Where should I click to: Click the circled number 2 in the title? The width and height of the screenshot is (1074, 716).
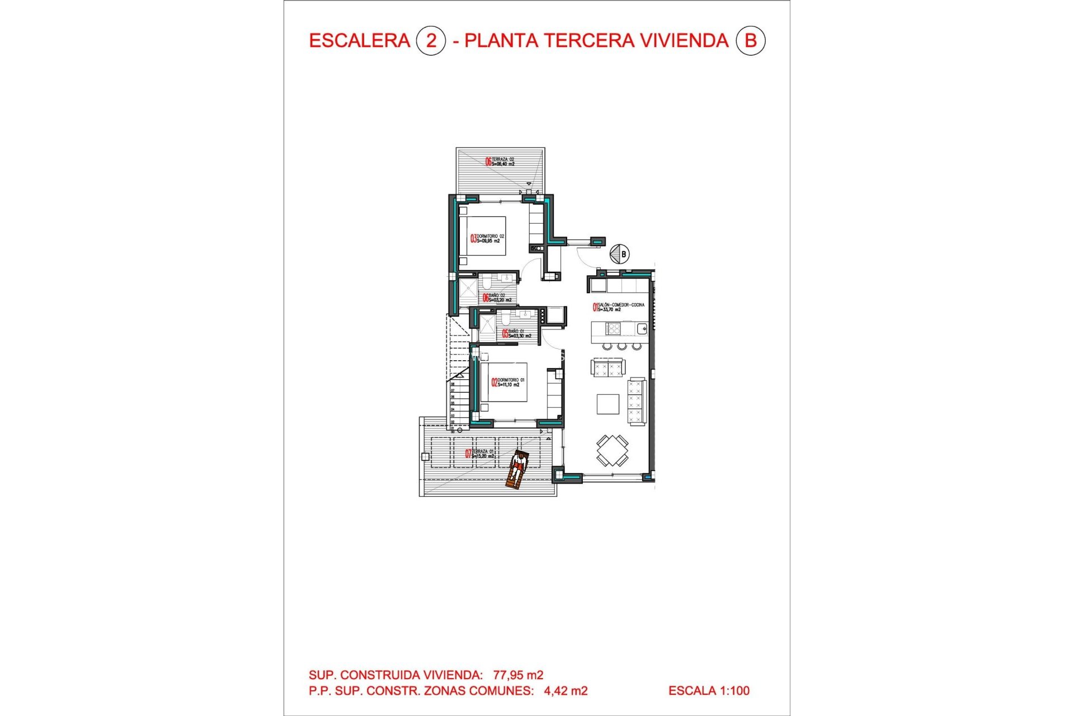tap(431, 41)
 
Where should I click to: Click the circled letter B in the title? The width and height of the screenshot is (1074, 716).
tap(750, 41)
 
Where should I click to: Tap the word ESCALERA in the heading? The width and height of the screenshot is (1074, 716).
tap(359, 41)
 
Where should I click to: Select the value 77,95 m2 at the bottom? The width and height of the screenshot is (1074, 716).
tap(518, 675)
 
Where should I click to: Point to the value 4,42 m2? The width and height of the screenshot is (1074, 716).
tap(566, 691)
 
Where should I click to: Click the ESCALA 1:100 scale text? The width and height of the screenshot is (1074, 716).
tap(709, 691)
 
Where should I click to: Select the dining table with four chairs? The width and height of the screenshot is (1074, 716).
tap(612, 450)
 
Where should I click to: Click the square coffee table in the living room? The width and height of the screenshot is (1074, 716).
tap(607, 404)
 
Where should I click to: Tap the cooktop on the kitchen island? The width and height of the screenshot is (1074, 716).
tap(613, 328)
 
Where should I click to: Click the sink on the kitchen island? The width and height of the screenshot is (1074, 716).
tap(642, 329)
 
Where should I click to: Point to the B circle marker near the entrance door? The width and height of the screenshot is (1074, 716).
tap(619, 254)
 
